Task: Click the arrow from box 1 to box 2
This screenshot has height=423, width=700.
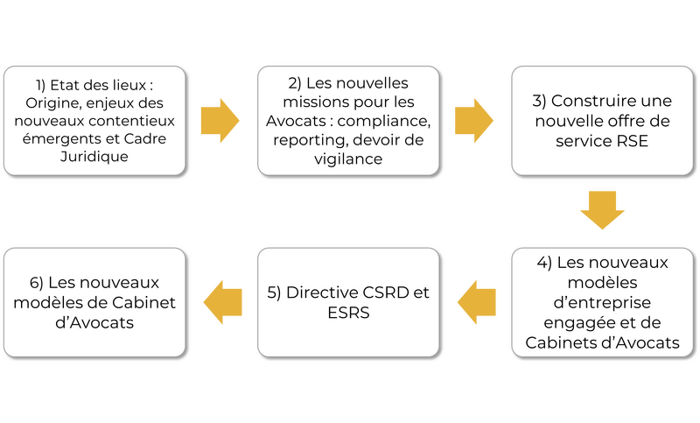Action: [220, 119]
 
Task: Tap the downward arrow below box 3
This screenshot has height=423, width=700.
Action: [603, 208]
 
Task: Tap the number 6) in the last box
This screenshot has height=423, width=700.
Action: [36, 283]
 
